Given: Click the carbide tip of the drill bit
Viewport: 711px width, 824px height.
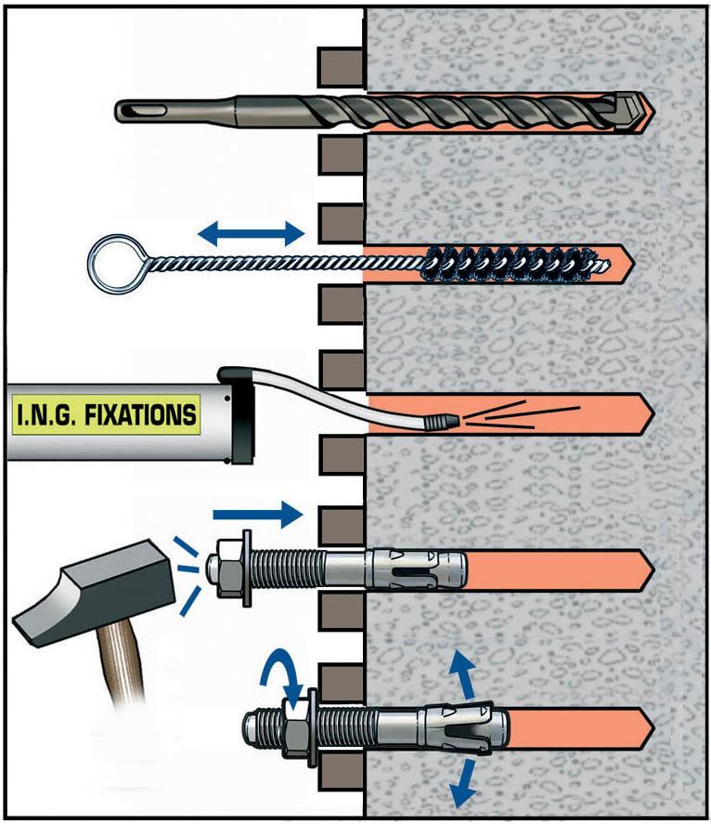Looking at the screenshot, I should click(634, 112).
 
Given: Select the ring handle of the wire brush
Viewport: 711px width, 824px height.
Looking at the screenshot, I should click(110, 263).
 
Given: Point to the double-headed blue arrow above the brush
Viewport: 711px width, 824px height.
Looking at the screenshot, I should click(252, 233).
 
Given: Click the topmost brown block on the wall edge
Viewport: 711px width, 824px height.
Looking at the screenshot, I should click(340, 66).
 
